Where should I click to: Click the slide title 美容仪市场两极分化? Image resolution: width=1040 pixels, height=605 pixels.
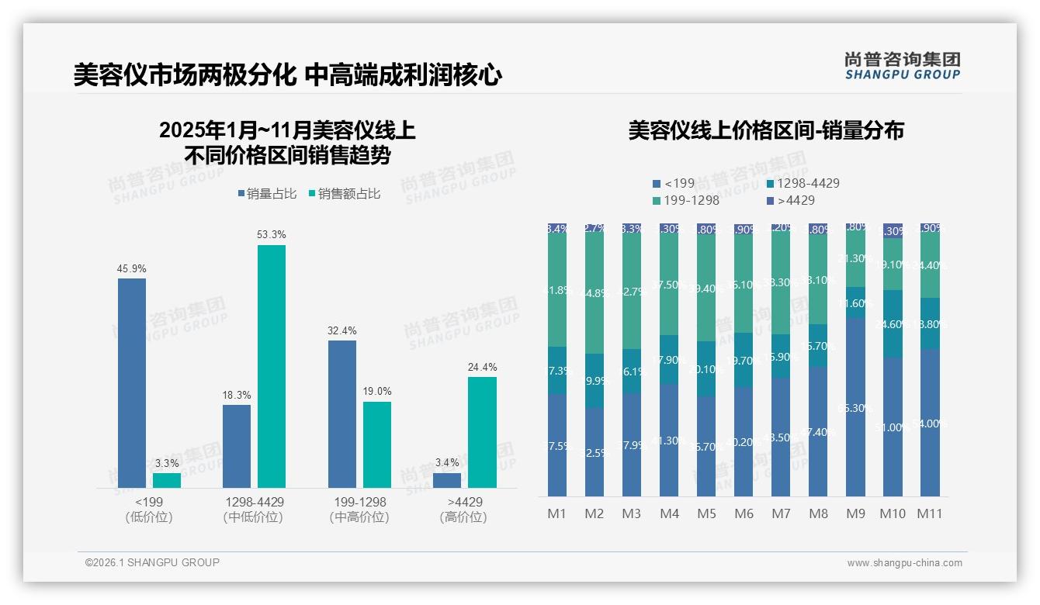184,75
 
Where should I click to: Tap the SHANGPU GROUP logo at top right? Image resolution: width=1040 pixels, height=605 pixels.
902,66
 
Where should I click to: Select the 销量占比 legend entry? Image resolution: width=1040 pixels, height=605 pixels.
267,194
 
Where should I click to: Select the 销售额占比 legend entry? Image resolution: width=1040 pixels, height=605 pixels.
345,194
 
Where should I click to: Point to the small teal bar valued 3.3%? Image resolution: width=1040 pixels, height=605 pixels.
167,480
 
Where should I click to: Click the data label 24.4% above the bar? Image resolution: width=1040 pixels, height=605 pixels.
483,367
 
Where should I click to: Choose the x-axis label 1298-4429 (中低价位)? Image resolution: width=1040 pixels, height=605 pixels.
252,510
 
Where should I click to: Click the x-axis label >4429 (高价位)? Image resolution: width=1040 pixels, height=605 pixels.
463,510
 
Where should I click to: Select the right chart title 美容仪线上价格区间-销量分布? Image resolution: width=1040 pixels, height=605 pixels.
766,130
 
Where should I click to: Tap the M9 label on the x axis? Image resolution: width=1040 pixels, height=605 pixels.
855,513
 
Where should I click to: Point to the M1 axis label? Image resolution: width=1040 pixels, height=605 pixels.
557,513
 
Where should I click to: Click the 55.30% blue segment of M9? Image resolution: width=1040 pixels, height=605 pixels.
856,407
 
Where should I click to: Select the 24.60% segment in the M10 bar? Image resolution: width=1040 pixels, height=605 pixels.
893,323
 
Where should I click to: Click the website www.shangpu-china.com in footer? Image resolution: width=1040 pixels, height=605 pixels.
904,563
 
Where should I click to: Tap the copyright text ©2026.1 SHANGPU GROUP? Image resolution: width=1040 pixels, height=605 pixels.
152,562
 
